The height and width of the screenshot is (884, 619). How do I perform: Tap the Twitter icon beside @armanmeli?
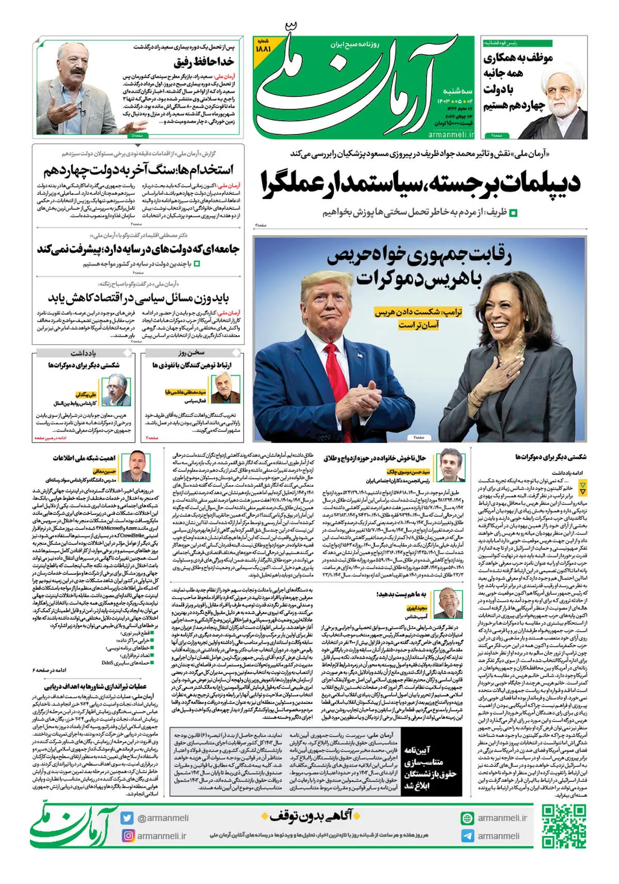coord(127,818)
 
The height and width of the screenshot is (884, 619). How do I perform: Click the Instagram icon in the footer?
coord(127,836)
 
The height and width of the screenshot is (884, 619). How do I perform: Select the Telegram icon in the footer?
coord(467,836)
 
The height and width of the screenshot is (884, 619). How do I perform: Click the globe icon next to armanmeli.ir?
coord(467,818)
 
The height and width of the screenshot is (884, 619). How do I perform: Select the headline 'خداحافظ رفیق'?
coord(204,62)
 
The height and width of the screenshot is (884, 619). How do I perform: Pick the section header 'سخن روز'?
coord(191,353)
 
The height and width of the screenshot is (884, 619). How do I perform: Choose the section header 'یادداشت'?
coord(83,353)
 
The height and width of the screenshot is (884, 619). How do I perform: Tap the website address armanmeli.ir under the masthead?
coord(451,135)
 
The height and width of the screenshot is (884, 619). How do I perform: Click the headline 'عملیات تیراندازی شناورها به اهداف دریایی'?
coord(95,686)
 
